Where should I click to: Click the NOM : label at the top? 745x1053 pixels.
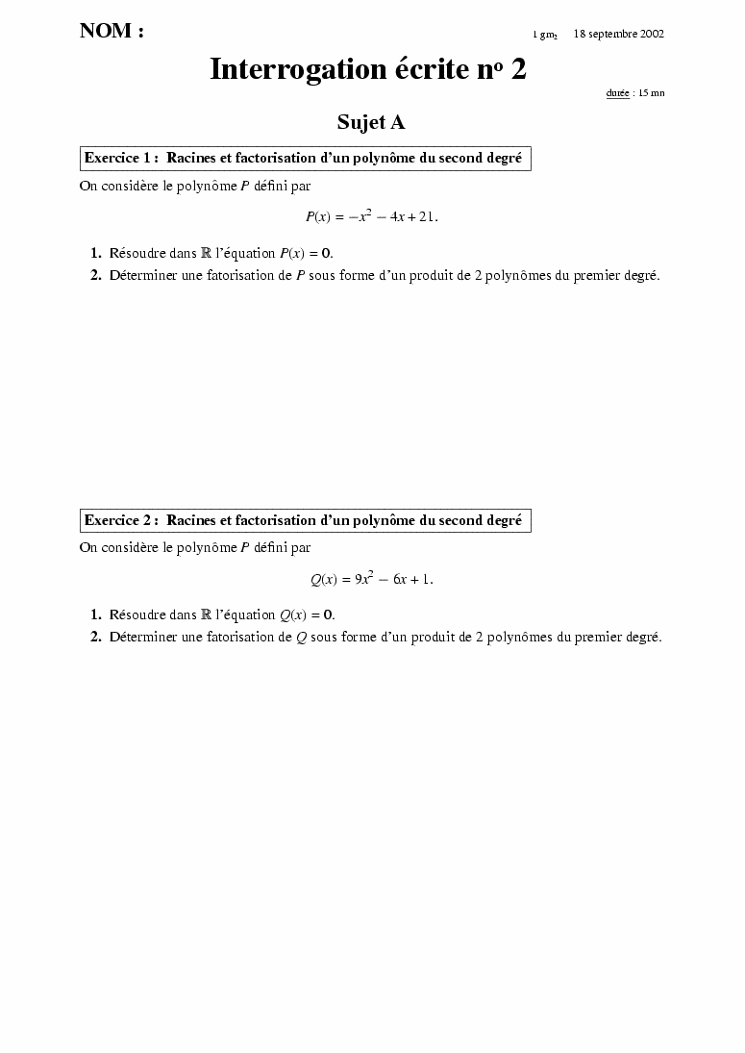click(112, 32)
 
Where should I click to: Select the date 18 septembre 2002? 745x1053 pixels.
click(618, 34)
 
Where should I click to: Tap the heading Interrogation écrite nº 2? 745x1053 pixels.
click(368, 69)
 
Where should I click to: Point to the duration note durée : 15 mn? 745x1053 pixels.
click(634, 93)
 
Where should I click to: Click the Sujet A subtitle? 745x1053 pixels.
click(371, 122)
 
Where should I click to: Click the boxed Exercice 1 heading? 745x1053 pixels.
click(304, 158)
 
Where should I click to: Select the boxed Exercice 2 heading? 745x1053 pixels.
click(304, 520)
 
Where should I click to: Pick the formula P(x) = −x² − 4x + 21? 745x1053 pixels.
click(371, 216)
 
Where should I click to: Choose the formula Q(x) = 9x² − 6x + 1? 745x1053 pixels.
click(371, 579)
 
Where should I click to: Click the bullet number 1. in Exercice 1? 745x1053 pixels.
click(96, 253)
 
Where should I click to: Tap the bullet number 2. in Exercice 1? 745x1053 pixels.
click(96, 275)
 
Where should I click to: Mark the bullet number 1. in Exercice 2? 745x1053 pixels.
click(96, 614)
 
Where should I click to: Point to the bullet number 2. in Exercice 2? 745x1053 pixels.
click(96, 637)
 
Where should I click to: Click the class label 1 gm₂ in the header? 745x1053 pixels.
click(545, 35)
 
